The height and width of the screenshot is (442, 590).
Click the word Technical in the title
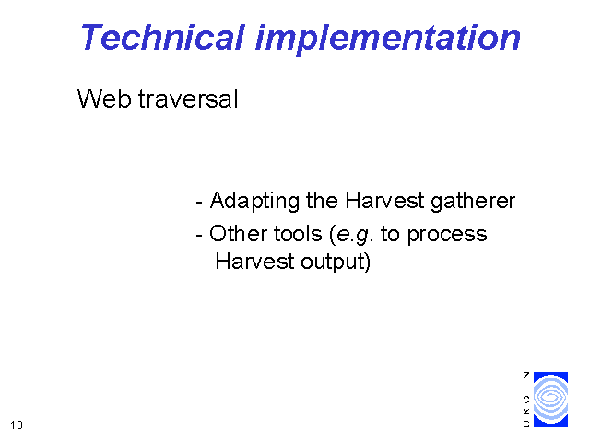click(x=163, y=37)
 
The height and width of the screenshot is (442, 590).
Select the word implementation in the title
click(x=387, y=40)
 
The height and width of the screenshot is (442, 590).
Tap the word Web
click(x=104, y=99)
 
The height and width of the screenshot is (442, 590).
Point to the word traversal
click(x=188, y=99)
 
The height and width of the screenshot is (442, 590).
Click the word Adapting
click(x=254, y=201)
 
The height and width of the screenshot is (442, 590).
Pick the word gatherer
click(x=473, y=201)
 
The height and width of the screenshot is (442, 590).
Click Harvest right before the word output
click(x=254, y=261)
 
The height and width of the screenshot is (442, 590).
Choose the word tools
click(x=298, y=233)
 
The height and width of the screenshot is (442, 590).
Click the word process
click(x=447, y=236)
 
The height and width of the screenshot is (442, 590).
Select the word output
click(x=333, y=262)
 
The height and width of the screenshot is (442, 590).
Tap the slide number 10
click(x=17, y=425)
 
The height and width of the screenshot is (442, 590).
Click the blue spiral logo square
click(x=550, y=400)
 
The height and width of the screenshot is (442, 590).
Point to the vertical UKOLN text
click(x=526, y=400)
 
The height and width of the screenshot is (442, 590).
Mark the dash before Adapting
click(x=199, y=203)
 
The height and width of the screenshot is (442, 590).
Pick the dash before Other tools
click(x=199, y=236)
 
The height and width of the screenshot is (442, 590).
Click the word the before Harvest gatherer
click(x=322, y=201)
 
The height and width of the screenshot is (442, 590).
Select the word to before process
click(x=390, y=234)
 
